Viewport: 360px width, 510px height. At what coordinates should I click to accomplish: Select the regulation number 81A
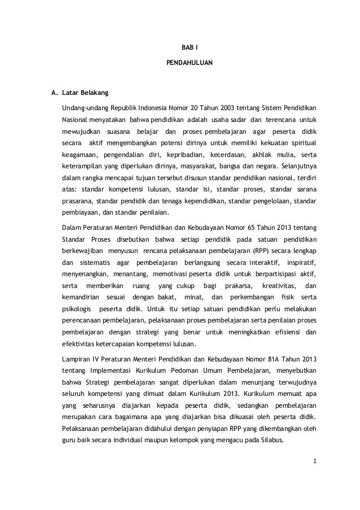262,360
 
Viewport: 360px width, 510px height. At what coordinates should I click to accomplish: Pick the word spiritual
303,143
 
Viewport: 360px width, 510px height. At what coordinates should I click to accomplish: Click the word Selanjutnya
297,167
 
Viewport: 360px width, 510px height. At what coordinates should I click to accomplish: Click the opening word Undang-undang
85,107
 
